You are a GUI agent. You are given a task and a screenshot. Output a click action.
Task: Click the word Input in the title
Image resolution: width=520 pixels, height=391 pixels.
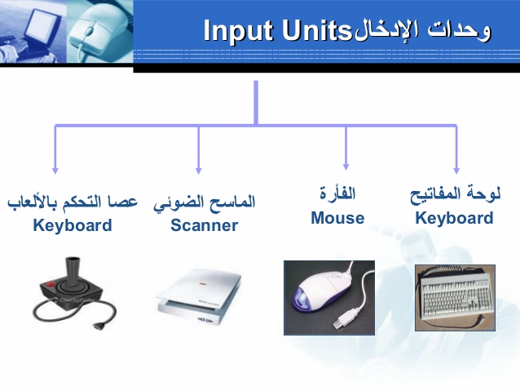pyautogui.click(x=240, y=30)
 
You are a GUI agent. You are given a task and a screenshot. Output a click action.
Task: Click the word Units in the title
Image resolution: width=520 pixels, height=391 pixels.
pyautogui.click(x=317, y=30)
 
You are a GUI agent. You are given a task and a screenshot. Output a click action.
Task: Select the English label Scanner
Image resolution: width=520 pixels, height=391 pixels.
pyautogui.click(x=204, y=225)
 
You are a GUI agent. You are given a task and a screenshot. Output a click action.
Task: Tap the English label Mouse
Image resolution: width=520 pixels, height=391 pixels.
pyautogui.click(x=337, y=218)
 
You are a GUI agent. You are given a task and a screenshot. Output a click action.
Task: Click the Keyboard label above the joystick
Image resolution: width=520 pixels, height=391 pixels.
pyautogui.click(x=73, y=225)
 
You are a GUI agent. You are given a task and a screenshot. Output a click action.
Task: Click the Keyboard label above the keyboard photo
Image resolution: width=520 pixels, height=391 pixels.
pyautogui.click(x=454, y=218)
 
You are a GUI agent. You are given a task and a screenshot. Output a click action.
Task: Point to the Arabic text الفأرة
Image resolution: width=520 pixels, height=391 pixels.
pyautogui.click(x=337, y=193)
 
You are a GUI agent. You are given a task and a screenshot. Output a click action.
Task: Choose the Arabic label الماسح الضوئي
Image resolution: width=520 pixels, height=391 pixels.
pyautogui.click(x=205, y=202)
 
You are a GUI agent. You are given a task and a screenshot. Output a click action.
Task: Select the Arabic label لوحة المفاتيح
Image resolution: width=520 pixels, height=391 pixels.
pyautogui.click(x=455, y=195)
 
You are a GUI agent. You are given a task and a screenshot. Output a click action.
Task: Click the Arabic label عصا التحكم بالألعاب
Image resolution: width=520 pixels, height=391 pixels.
pyautogui.click(x=73, y=202)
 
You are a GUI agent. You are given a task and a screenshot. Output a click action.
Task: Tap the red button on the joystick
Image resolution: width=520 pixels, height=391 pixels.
pyautogui.click(x=50, y=284)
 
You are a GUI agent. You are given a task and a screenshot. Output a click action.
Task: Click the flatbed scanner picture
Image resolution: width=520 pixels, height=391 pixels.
pyautogui.click(x=199, y=296)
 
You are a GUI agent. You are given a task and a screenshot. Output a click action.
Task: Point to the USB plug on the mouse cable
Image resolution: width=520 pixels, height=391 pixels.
pyautogui.click(x=346, y=318)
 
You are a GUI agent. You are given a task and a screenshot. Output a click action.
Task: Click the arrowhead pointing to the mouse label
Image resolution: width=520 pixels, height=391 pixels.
pyautogui.click(x=346, y=167)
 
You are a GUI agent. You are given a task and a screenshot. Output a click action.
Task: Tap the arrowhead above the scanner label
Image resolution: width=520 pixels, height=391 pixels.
pyautogui.click(x=199, y=171)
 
